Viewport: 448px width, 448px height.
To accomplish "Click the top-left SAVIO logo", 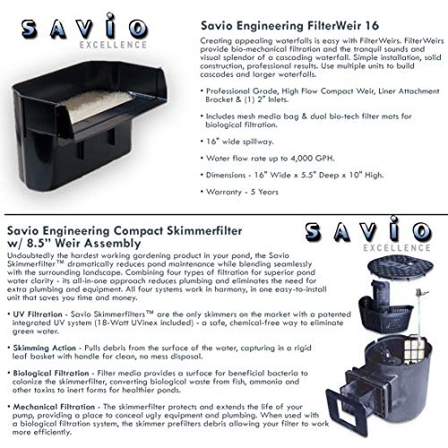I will coord(82,29).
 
